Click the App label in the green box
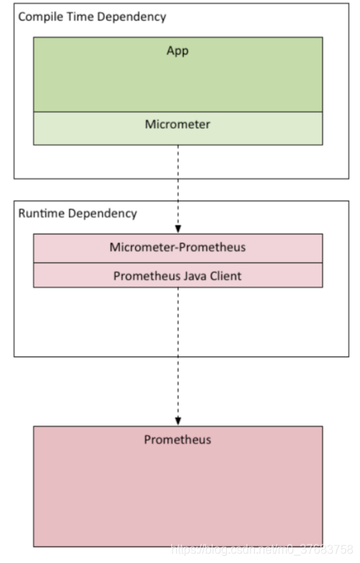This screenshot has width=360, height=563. pyautogui.click(x=177, y=52)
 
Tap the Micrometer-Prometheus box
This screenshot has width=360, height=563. pyautogui.click(x=177, y=247)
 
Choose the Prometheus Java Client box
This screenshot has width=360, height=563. pyautogui.click(x=177, y=276)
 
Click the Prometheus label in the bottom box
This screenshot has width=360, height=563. pyautogui.click(x=177, y=440)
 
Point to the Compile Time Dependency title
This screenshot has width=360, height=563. pyautogui.click(x=92, y=16)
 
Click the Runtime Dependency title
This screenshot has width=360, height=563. pyautogui.click(x=77, y=213)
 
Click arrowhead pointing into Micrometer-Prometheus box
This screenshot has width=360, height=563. pyautogui.click(x=178, y=229)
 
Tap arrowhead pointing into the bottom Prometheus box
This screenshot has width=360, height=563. pyautogui.click(x=178, y=420)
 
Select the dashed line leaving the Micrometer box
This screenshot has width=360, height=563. pyautogui.click(x=178, y=184)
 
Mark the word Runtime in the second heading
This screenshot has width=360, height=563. pyautogui.click(x=40, y=213)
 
